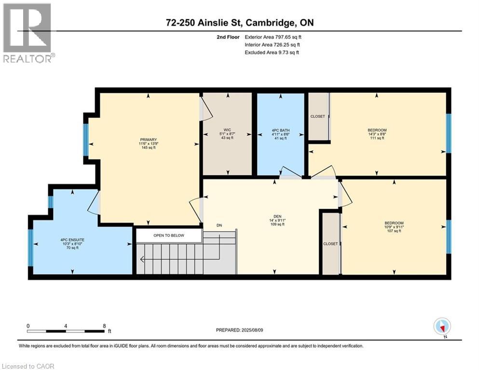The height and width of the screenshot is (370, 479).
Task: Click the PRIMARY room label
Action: click(149, 140)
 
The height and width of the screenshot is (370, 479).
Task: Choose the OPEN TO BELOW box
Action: click(168, 236)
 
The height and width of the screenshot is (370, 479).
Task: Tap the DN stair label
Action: click(219, 225)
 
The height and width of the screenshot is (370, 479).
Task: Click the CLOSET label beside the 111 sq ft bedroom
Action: click(318, 117)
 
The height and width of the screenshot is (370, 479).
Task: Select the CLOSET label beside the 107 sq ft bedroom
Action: click(330, 244)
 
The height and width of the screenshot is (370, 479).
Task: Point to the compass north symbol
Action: click(442, 327)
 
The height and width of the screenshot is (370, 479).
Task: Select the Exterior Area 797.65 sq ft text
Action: click(273, 37)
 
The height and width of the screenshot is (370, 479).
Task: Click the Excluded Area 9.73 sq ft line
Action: click(272, 53)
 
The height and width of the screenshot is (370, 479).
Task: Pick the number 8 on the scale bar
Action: click(105, 326)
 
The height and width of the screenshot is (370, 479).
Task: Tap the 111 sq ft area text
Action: click(377, 138)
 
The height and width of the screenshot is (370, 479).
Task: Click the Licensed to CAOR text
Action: click(28, 366)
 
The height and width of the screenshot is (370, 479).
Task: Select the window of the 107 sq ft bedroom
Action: click(449, 237)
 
